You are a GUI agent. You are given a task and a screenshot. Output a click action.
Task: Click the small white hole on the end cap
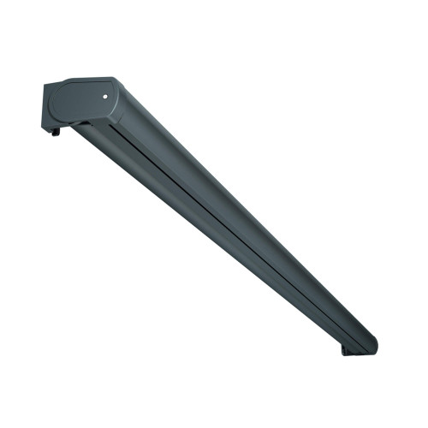104,98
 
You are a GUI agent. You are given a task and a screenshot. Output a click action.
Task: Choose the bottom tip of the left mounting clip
53,134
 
